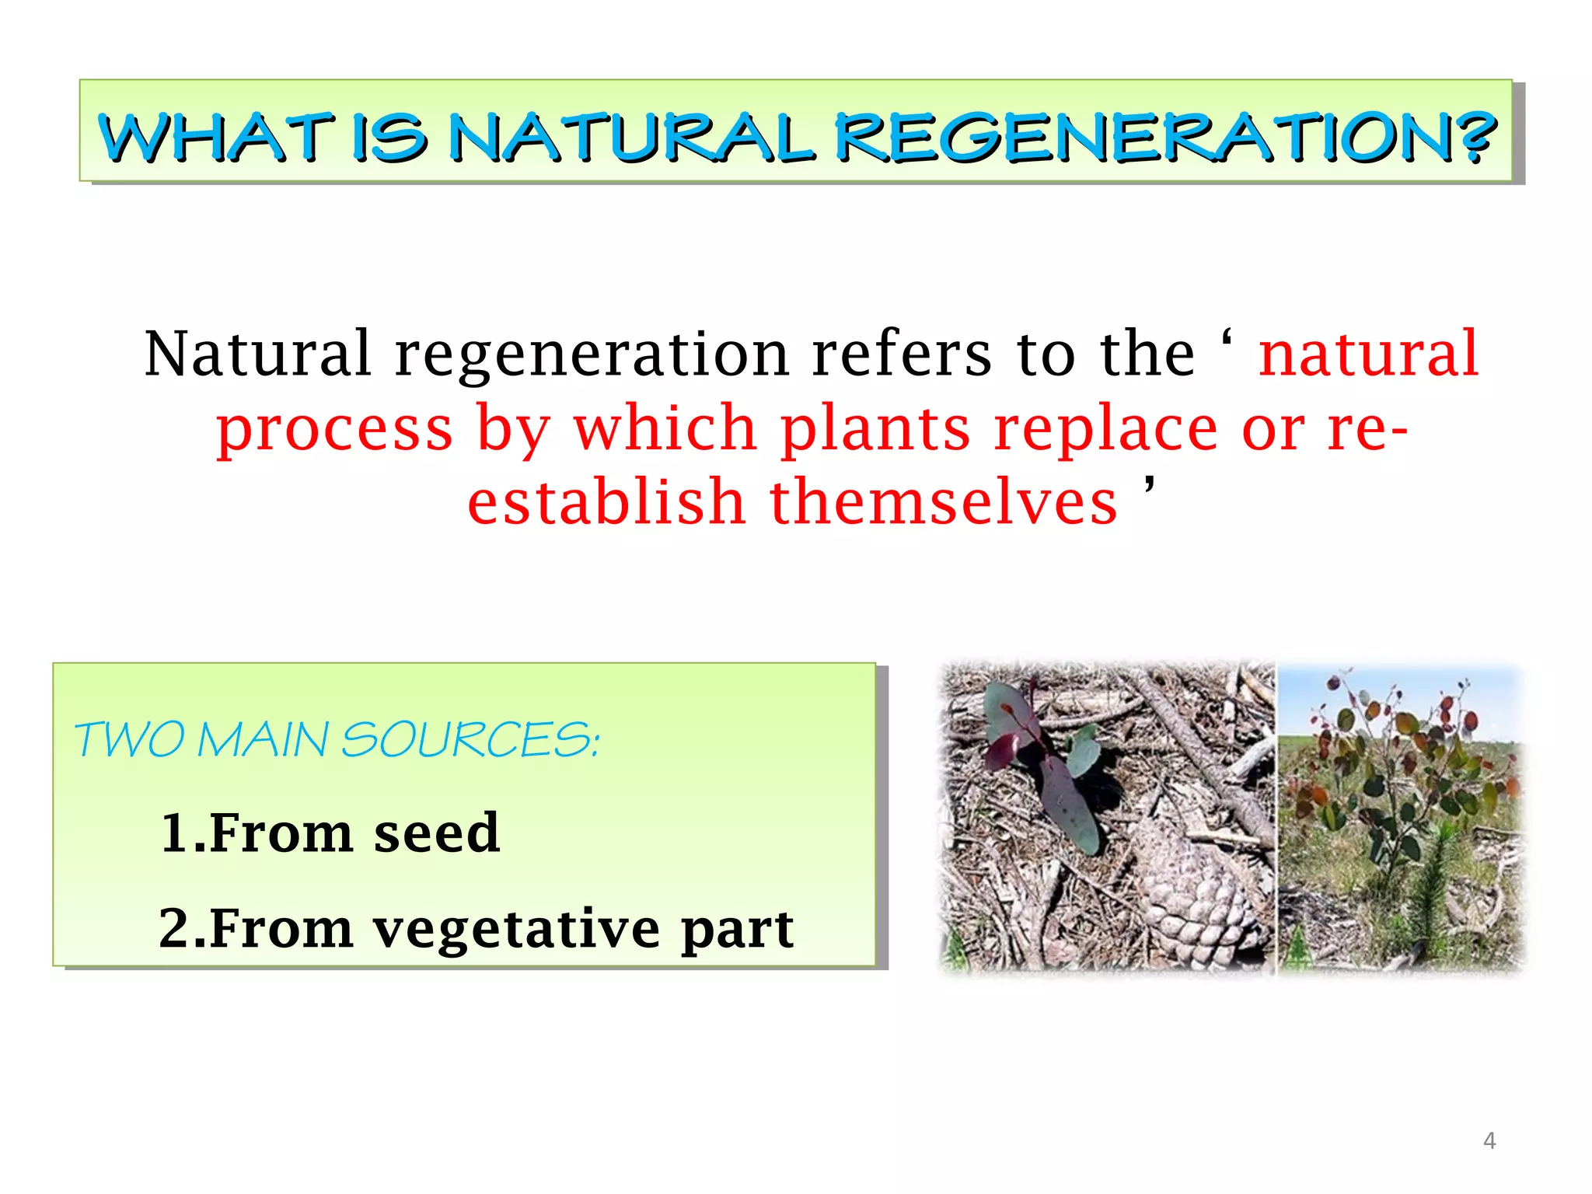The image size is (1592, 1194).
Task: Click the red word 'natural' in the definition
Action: click(x=1368, y=354)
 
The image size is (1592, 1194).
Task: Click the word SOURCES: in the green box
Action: click(x=470, y=739)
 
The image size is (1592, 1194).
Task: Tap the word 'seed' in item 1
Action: click(x=436, y=833)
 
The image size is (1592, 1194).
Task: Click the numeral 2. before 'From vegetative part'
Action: click(x=182, y=929)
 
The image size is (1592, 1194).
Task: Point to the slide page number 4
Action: click(x=1489, y=1140)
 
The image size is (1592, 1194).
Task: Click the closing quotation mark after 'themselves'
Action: click(x=1150, y=487)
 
